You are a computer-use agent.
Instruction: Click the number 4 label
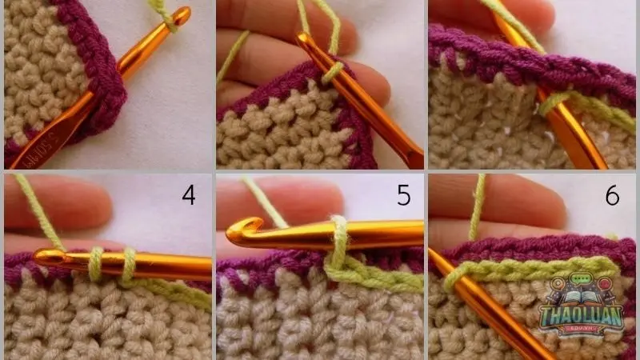point(189,195)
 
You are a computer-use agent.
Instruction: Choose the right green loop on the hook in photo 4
point(128,264)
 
